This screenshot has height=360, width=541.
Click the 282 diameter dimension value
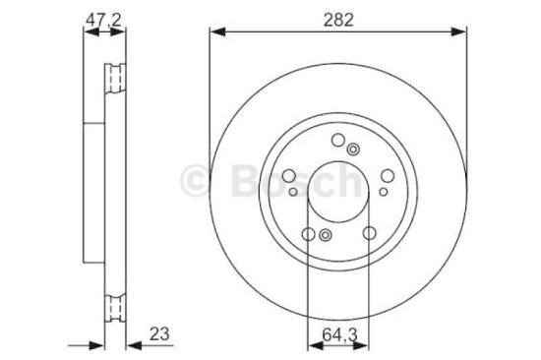tap(337, 18)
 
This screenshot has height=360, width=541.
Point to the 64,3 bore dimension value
tap(337, 332)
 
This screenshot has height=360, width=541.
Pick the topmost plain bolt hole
tap(337, 141)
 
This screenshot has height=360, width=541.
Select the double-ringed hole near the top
tap(353, 149)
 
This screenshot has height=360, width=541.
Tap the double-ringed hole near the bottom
tap(324, 235)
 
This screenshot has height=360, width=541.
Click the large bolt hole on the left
tap(289, 177)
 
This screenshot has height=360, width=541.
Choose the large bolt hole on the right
tap(386, 177)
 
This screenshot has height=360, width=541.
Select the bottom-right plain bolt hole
tap(368, 234)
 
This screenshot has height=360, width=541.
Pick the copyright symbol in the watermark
tap(200, 179)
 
